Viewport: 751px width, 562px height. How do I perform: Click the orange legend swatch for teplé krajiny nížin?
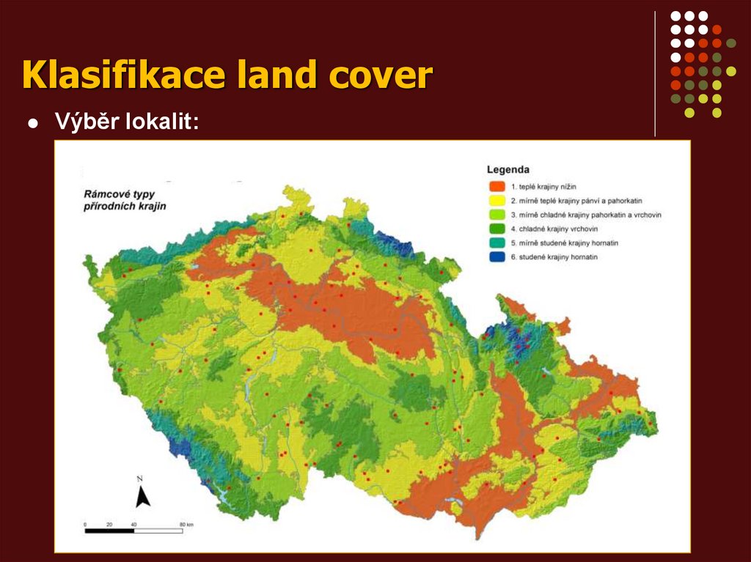(497, 185)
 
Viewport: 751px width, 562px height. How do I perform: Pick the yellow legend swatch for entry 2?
(497, 200)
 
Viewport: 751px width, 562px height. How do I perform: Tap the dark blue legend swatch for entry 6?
(497, 257)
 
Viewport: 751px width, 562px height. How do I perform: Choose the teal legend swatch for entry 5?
(497, 243)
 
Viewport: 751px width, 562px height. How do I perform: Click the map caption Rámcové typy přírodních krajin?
(124, 200)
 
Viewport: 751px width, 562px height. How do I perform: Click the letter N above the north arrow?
(139, 478)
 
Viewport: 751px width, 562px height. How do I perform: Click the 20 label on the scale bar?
(109, 524)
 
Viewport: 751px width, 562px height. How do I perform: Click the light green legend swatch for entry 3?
(497, 214)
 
